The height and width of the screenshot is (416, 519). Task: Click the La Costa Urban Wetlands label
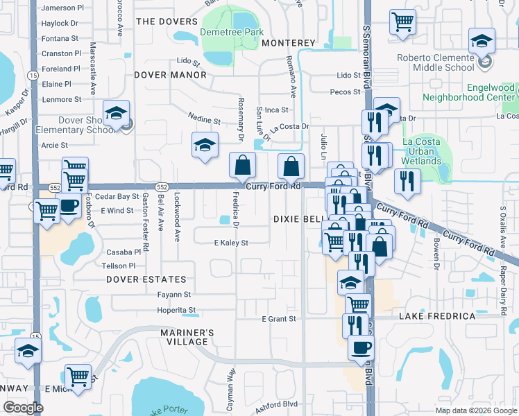coord(422,152)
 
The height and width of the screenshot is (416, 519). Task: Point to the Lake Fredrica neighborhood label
coord(436,316)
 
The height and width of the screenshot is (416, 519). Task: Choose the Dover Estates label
coord(146,279)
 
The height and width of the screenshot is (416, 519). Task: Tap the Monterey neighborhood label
coord(289,43)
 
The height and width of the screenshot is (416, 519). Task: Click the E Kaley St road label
coord(231,243)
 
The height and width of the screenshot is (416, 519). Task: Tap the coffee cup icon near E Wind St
coord(68,206)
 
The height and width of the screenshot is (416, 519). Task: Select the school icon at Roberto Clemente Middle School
coord(482,40)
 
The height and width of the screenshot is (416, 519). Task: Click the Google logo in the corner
coord(23,408)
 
